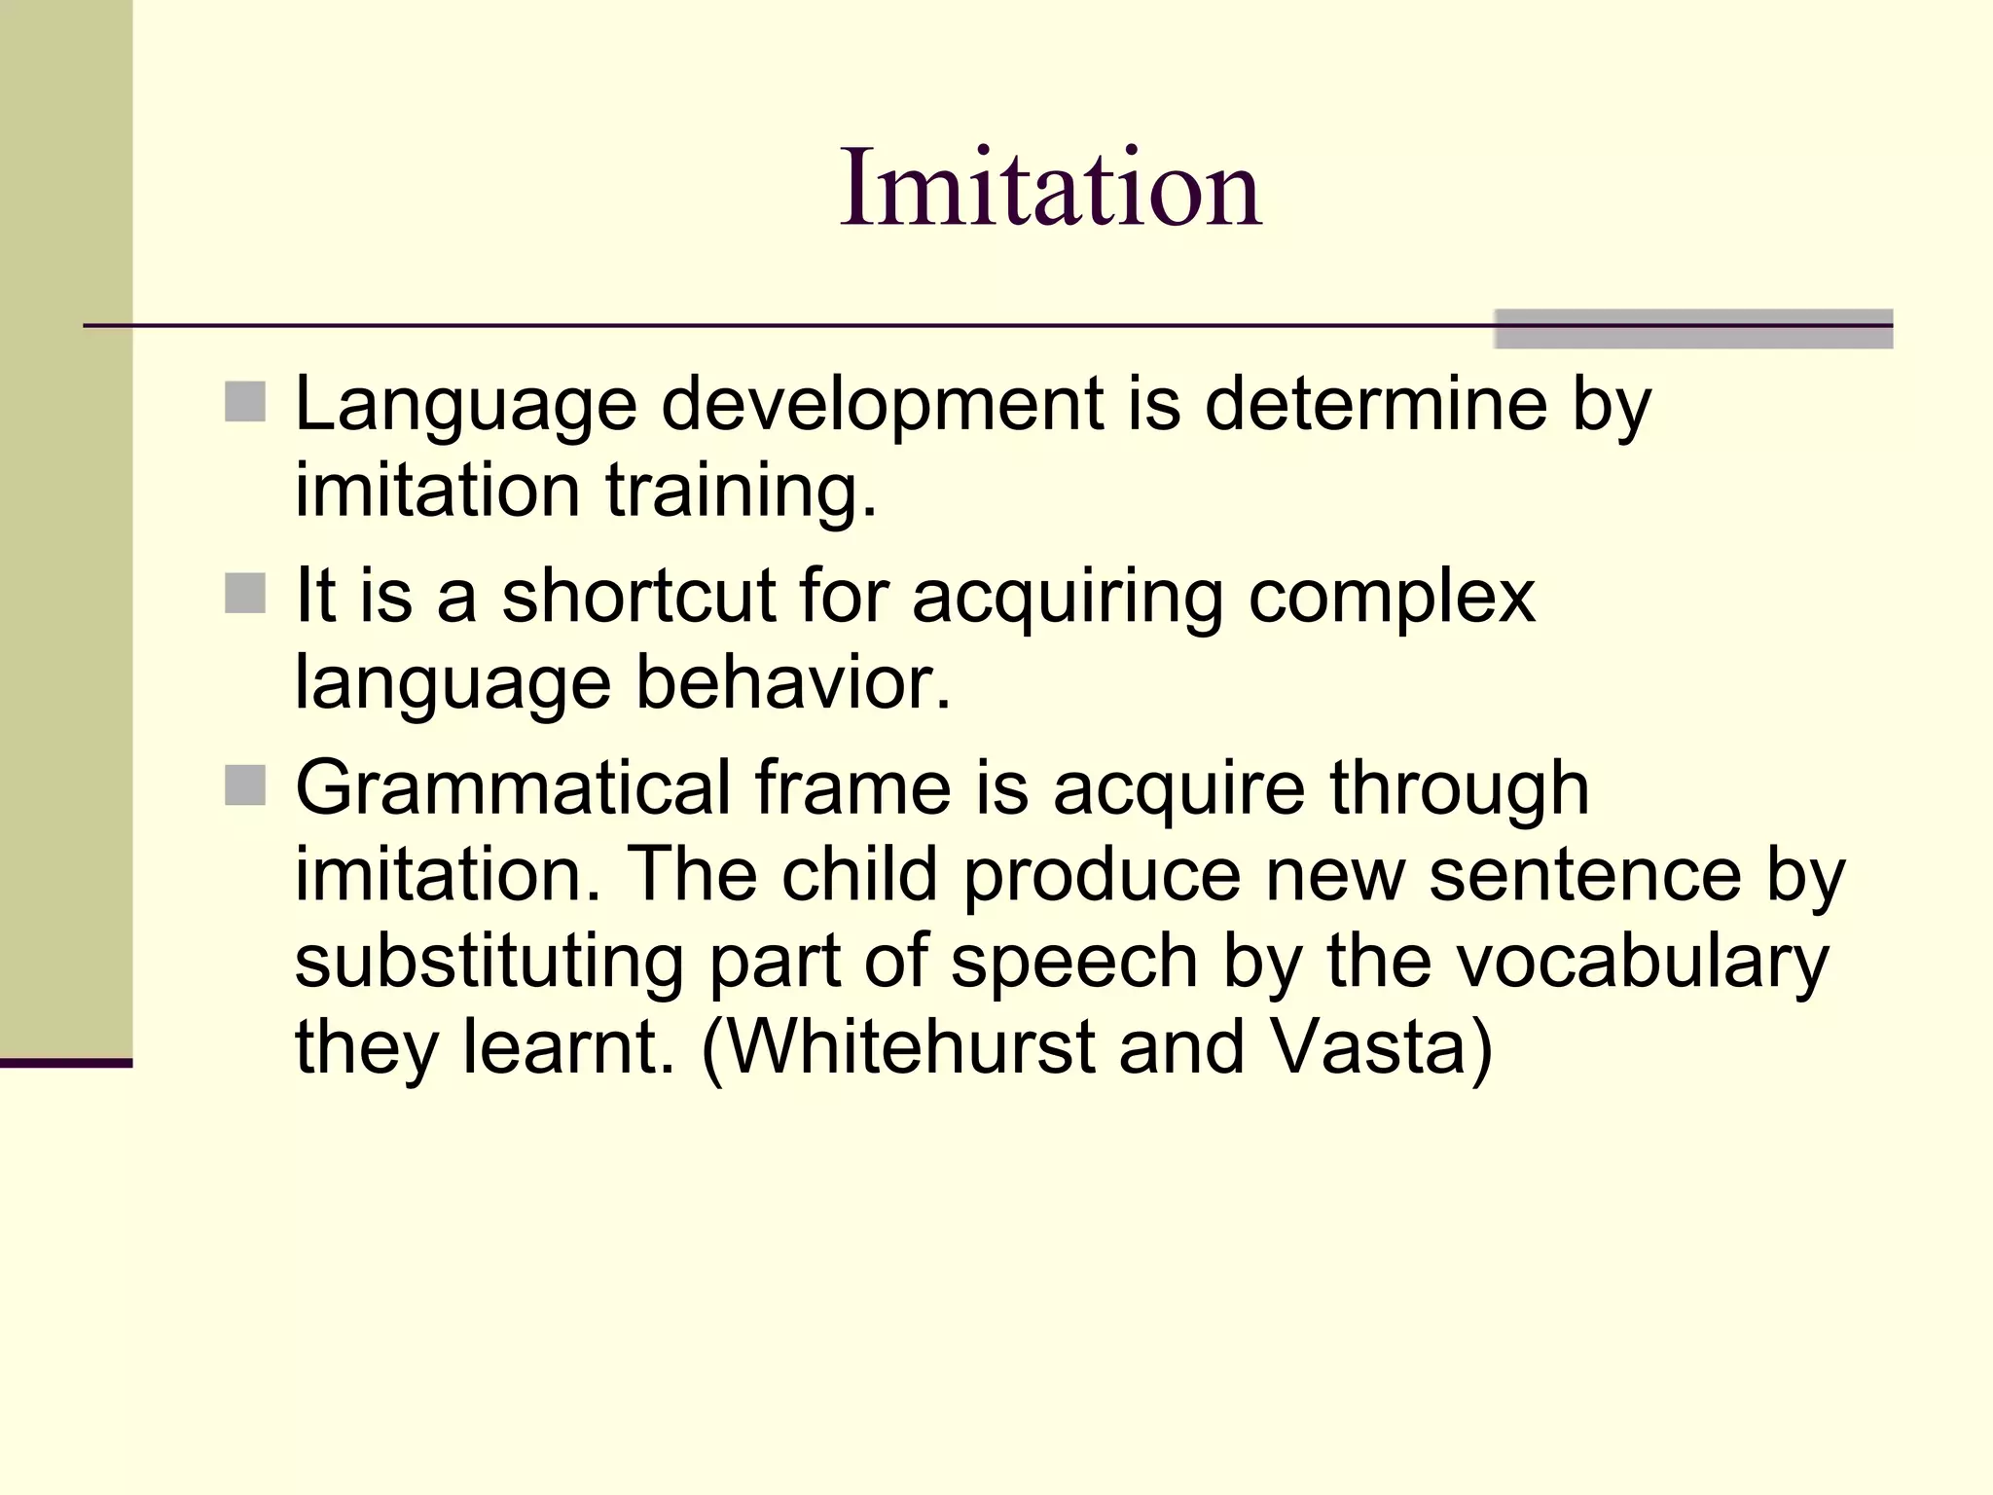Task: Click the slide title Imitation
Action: click(1050, 187)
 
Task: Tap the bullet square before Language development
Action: click(245, 402)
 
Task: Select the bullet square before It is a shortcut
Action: click(245, 594)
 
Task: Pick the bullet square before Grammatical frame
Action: click(245, 786)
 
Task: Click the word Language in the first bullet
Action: click(465, 404)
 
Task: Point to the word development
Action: click(882, 404)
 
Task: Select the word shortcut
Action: click(637, 595)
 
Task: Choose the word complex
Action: click(1392, 597)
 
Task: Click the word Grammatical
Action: click(513, 787)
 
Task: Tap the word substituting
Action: click(489, 962)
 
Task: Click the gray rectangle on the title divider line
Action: click(1693, 329)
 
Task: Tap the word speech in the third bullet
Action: click(1073, 962)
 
